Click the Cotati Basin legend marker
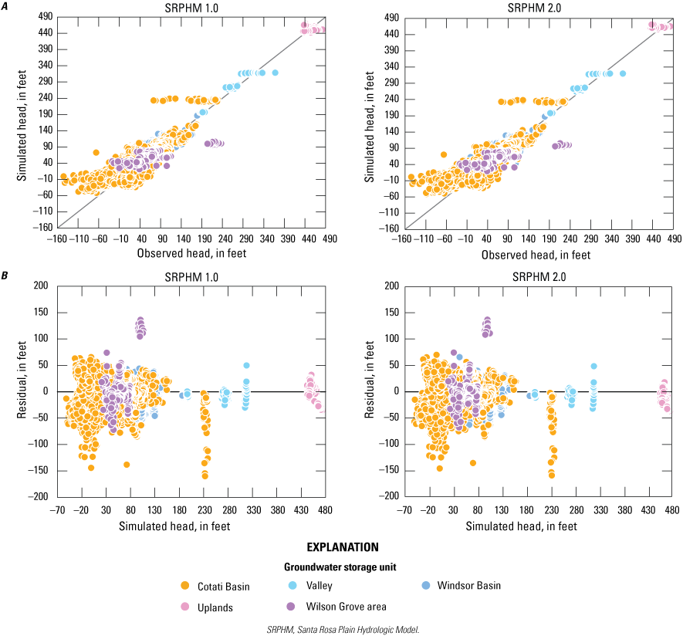point(186,586)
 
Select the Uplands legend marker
point(186,607)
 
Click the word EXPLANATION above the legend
point(343,547)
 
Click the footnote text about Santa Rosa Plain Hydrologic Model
point(342,629)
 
